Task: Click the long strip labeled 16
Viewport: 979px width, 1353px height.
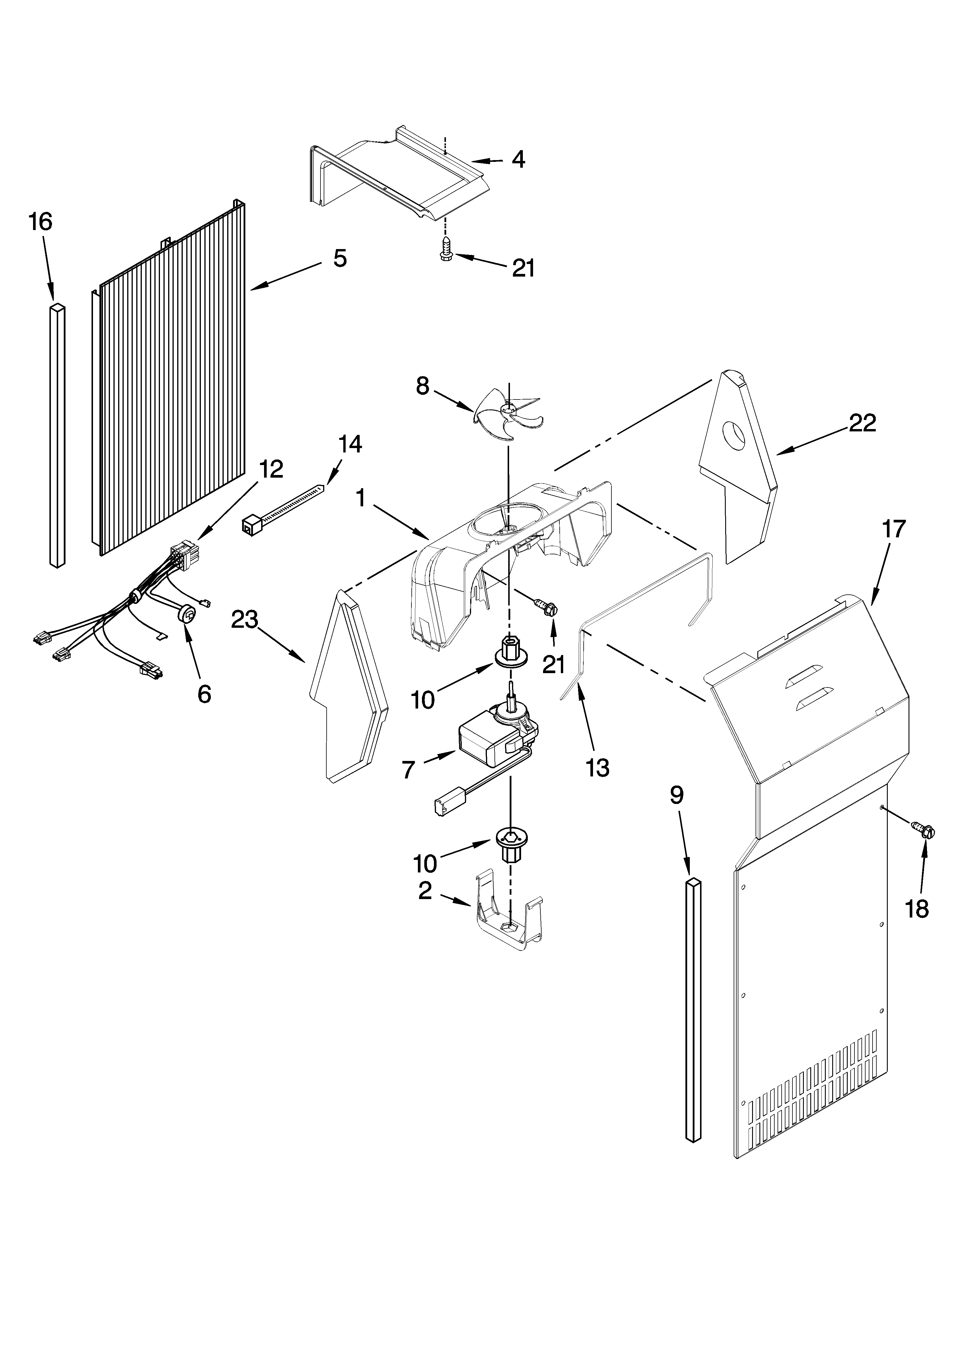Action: point(57,435)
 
